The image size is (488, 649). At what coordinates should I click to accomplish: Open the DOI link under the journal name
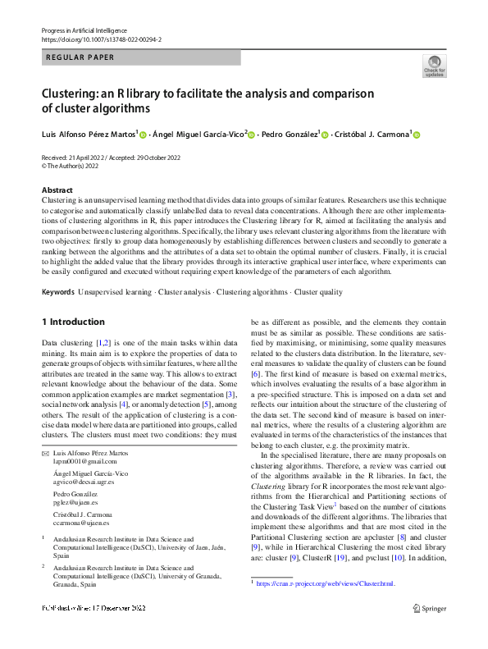(x=101, y=39)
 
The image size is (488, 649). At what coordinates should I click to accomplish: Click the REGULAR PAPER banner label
(x=80, y=57)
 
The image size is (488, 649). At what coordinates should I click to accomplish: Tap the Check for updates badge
(x=434, y=66)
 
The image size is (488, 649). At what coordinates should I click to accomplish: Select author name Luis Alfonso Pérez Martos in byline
(x=89, y=134)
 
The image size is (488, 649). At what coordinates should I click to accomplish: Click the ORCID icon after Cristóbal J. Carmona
(x=415, y=135)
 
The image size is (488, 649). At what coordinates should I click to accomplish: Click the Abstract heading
(x=57, y=190)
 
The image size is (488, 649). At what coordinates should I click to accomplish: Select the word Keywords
(x=58, y=292)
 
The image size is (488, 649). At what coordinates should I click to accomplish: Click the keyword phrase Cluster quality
(x=318, y=292)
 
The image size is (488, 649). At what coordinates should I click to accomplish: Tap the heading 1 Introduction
(x=73, y=322)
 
